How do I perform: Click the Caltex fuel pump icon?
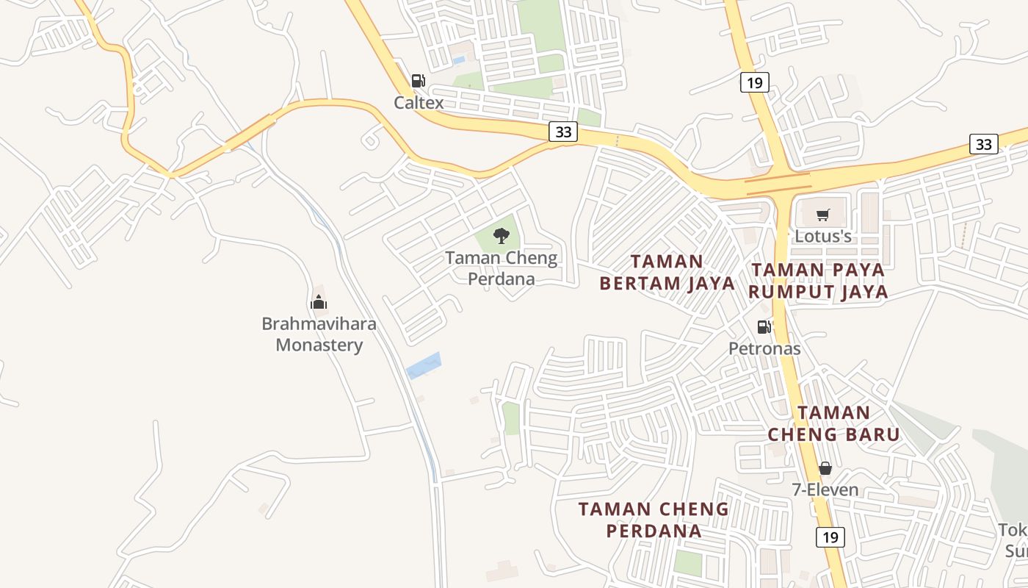(x=418, y=81)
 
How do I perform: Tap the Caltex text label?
(x=419, y=102)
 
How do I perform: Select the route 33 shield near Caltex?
(x=563, y=132)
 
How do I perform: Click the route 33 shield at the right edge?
(x=983, y=144)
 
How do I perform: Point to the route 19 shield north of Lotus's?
(x=754, y=82)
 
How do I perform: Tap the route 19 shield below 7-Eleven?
(x=830, y=537)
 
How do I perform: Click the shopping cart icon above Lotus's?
(x=823, y=215)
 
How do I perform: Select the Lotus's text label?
(x=823, y=236)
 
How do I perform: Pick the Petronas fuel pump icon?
(x=764, y=327)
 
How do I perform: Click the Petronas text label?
(x=764, y=348)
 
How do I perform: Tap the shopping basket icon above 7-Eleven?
(x=825, y=468)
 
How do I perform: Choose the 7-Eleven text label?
(x=825, y=490)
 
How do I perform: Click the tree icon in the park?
(x=502, y=236)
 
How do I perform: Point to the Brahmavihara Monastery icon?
(x=319, y=302)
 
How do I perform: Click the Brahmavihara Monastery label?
(x=319, y=334)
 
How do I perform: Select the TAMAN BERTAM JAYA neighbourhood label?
(x=667, y=272)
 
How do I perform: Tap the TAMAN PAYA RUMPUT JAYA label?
(x=819, y=281)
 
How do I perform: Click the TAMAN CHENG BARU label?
(x=833, y=423)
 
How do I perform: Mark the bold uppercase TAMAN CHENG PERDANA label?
(x=654, y=520)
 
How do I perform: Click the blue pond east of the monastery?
(x=424, y=365)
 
